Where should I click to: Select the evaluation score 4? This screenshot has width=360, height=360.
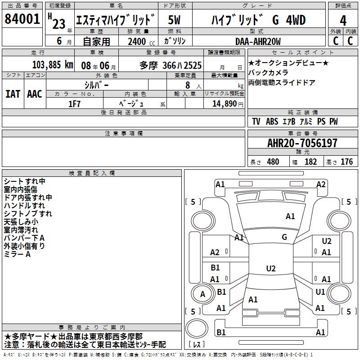point(343,21)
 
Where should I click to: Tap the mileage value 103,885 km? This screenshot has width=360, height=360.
point(53,65)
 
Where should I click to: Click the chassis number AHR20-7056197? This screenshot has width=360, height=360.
point(302,144)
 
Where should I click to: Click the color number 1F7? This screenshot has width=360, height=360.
point(74,103)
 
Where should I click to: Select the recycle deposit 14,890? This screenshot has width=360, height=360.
point(224,103)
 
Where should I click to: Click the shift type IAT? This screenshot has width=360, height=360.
point(13,94)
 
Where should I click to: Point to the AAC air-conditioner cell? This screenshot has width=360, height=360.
point(35,94)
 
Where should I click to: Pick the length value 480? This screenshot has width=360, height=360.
point(273,162)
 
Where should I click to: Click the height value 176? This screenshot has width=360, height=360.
point(346,162)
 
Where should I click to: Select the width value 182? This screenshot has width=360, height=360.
point(310,162)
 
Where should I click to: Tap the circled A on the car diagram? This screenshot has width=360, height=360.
point(202,294)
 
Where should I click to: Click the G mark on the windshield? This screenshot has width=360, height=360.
point(284,237)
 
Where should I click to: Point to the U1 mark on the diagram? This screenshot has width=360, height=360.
point(320,292)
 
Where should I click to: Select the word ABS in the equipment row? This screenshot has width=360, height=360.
point(272,121)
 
